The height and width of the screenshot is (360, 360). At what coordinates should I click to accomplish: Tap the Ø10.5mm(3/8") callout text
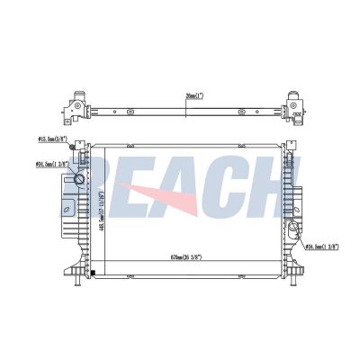point(53,139)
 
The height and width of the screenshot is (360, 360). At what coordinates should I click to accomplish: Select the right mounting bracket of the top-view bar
point(293,105)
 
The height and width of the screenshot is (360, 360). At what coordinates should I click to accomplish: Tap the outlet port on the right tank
point(299,238)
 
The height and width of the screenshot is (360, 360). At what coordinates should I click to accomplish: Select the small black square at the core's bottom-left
point(94,272)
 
